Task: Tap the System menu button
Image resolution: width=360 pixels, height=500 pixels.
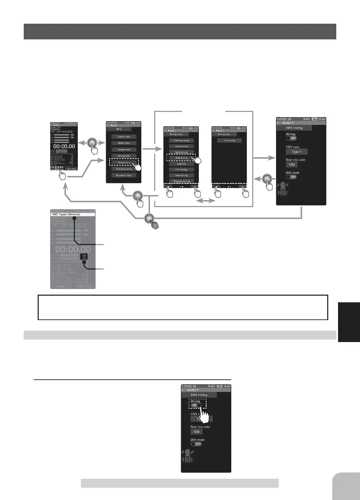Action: coord(124,137)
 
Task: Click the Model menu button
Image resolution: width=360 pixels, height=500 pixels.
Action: coord(124,143)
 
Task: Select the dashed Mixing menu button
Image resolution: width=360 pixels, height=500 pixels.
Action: coord(124,162)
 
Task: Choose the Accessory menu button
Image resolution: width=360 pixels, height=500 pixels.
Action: coord(124,175)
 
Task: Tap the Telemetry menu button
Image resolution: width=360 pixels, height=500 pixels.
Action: coord(124,169)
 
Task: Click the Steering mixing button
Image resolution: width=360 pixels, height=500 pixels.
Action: coord(181,141)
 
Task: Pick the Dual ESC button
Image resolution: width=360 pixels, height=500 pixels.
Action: coord(181,164)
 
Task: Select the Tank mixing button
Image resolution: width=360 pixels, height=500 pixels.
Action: coord(181,175)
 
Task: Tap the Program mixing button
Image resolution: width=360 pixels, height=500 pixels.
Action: coord(181,181)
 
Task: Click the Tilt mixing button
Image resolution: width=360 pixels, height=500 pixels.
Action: coord(229,141)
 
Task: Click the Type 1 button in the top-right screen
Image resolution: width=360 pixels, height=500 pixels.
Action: coord(297,152)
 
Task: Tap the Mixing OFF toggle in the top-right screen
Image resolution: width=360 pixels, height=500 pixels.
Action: coord(291,138)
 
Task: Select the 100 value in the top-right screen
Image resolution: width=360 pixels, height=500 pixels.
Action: coord(292,165)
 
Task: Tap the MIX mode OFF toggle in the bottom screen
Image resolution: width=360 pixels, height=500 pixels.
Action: coord(196,444)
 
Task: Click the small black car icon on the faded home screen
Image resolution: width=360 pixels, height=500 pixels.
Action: coord(84,257)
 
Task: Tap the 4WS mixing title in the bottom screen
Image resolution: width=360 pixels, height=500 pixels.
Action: coord(199,395)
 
